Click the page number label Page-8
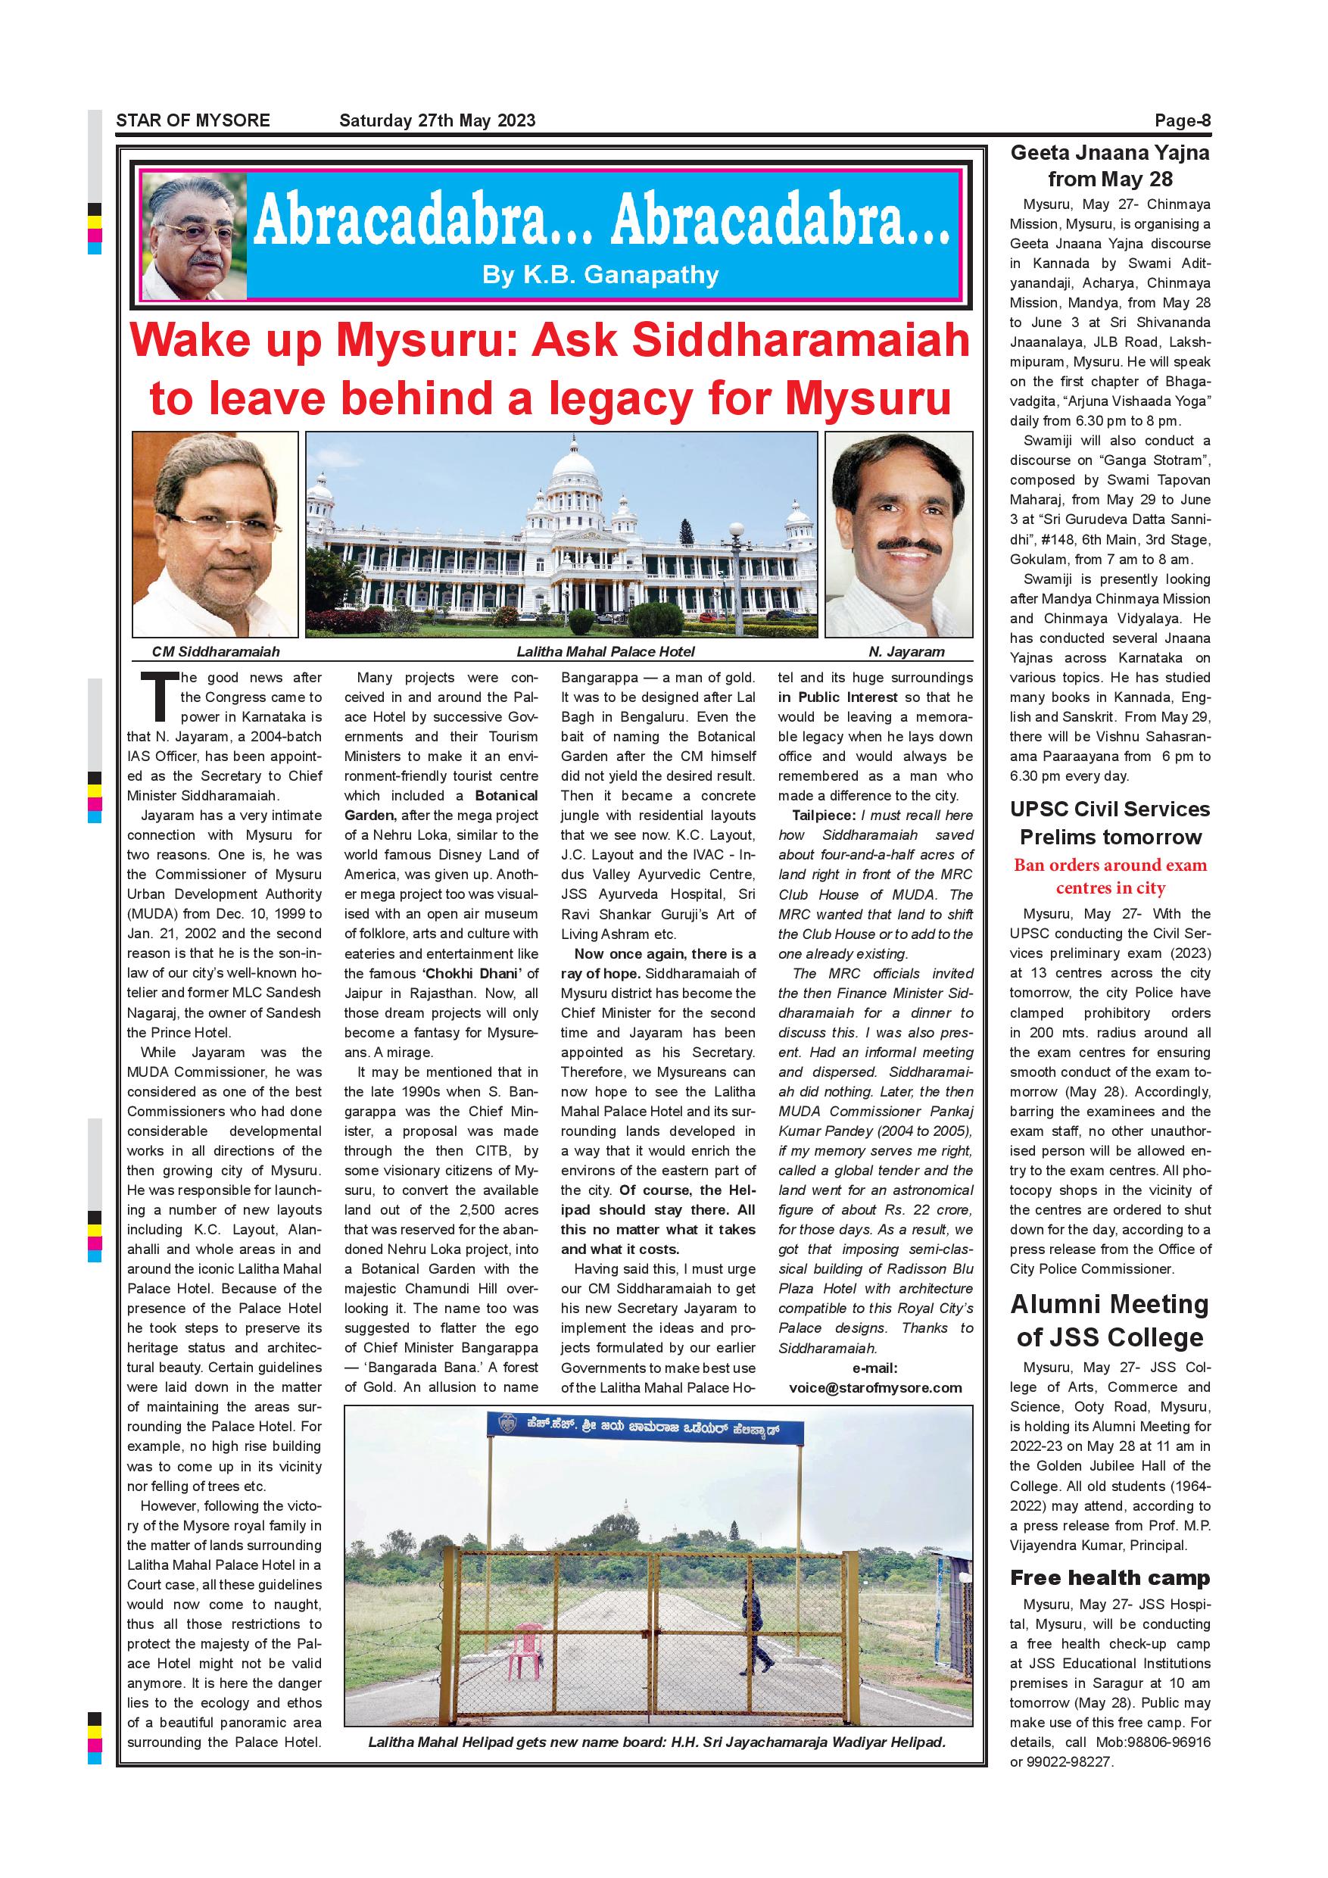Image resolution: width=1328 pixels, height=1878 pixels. (1182, 121)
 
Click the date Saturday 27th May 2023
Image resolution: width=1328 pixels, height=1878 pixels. (437, 121)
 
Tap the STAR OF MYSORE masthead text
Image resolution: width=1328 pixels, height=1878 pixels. (193, 121)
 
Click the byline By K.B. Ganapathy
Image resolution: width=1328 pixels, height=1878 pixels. (600, 276)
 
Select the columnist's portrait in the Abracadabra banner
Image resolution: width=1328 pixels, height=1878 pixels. (194, 236)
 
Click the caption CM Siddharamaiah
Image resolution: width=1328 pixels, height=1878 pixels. (216, 652)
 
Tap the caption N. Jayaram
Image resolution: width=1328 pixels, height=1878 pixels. (906, 652)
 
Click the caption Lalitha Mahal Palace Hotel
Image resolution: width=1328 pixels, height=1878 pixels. (605, 652)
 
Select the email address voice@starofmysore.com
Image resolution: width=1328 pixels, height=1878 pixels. (875, 1387)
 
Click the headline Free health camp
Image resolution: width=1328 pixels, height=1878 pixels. (1110, 1578)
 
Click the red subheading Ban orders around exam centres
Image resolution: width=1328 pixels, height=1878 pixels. (1110, 876)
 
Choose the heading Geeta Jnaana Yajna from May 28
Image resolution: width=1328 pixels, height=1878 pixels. (1110, 165)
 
